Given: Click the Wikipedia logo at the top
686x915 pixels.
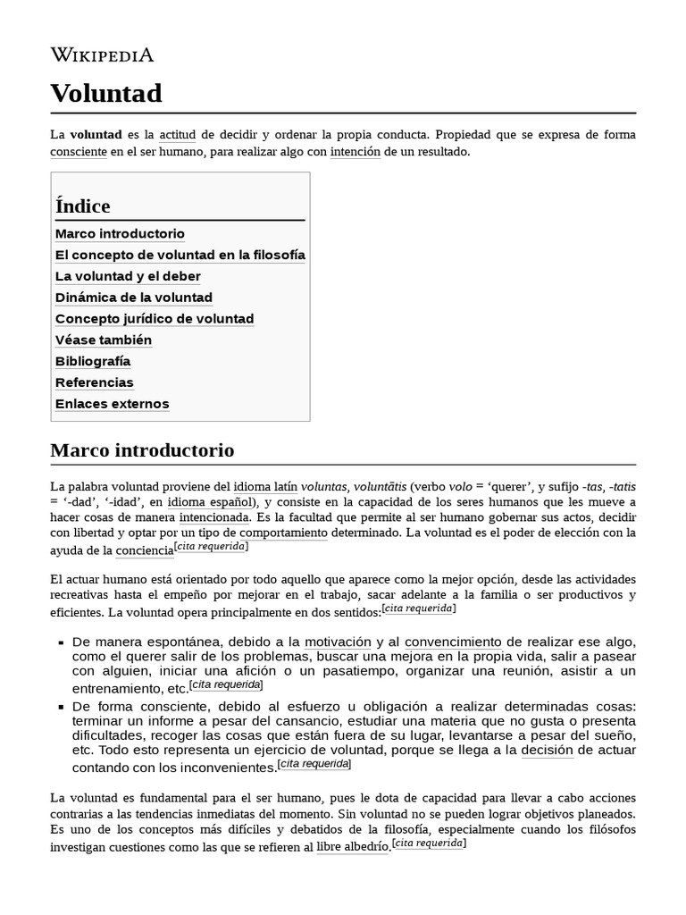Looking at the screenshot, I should tap(102, 55).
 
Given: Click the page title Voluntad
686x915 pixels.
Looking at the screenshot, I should tap(106, 93).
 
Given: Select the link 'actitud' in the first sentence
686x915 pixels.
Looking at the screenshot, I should tap(177, 135).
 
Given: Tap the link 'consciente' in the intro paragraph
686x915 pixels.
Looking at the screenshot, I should tap(79, 152).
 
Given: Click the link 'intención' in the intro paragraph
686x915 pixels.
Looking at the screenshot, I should tap(355, 152).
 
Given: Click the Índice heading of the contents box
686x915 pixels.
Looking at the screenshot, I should tap(83, 206).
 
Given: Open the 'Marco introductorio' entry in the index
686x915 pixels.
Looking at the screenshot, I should tap(120, 234).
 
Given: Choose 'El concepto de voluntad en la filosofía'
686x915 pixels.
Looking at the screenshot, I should tap(180, 256).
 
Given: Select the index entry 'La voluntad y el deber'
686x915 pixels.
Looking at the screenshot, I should tap(128, 277).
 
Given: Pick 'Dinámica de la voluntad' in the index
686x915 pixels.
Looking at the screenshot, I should tap(134, 298).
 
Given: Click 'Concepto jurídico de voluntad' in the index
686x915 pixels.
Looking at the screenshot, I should tap(155, 319).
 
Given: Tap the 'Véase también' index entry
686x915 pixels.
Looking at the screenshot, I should tap(104, 340).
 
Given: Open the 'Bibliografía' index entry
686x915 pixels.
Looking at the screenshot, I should tap(93, 362).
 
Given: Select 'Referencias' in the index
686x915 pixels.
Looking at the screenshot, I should tap(95, 382).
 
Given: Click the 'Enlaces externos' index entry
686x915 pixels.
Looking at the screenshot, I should tap(112, 404).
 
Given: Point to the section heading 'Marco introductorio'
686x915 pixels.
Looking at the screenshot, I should tap(142, 449).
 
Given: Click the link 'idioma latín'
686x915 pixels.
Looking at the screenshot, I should tap(265, 487).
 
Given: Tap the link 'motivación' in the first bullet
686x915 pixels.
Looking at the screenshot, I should tap(338, 642).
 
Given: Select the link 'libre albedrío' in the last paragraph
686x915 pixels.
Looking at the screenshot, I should tap(352, 847).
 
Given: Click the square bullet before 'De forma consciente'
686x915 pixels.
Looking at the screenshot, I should tap(61, 707).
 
